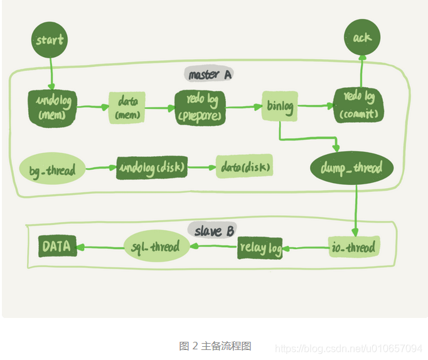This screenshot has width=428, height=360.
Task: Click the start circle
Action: (50, 40)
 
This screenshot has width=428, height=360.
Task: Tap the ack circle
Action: (362, 37)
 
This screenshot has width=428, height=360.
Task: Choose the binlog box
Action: (279, 107)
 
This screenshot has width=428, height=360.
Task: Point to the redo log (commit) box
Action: (358, 105)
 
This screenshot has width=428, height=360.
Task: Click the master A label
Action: (209, 75)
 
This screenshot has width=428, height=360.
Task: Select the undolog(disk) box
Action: (152, 168)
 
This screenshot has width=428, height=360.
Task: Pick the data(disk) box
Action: (245, 167)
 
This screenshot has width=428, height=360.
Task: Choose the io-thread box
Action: (354, 247)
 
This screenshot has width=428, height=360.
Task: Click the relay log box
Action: (260, 248)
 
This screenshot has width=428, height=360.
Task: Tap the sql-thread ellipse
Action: (156, 246)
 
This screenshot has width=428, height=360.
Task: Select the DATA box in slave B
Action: (56, 246)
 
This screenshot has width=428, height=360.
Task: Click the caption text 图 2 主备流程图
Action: (215, 346)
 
